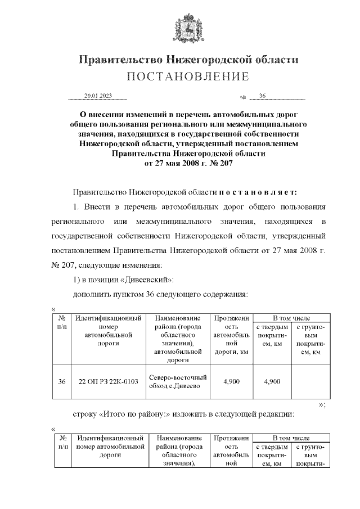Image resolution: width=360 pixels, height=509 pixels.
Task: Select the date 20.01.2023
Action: point(98,96)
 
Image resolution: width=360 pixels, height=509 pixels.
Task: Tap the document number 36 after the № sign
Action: point(263,96)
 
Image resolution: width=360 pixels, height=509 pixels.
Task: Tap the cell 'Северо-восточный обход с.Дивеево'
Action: point(177,381)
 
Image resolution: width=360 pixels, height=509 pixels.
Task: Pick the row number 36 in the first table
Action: point(62,381)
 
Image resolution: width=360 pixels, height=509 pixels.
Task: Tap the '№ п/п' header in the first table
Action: point(62,322)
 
